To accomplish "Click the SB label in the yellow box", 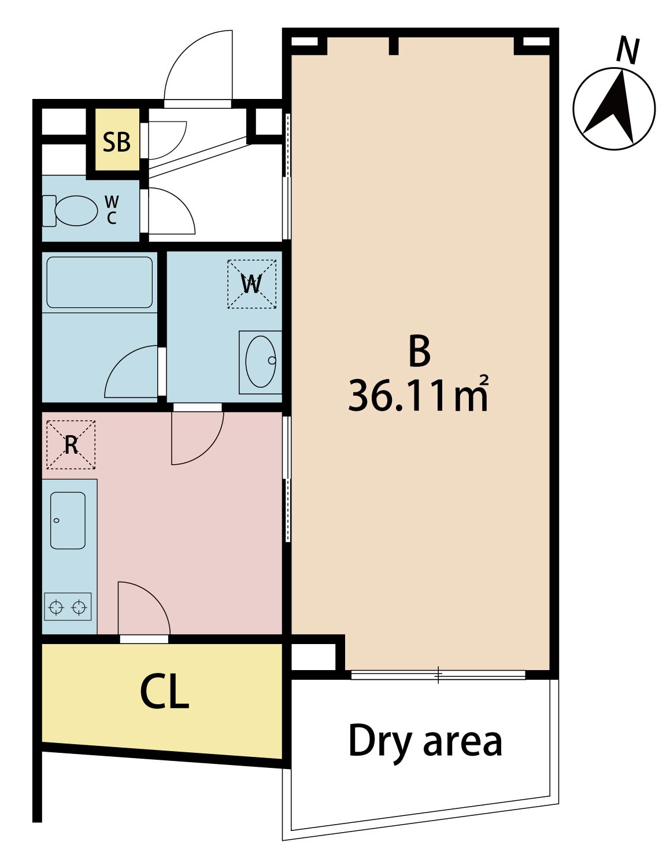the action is (x=117, y=142).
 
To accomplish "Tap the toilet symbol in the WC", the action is (x=70, y=210).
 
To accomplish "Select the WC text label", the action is (x=112, y=209).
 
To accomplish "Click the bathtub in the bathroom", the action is (x=99, y=282).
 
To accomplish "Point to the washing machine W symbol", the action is (x=251, y=284).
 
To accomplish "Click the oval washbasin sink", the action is (x=261, y=361).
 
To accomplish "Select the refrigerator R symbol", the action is (x=71, y=444).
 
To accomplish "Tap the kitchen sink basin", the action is (x=68, y=520).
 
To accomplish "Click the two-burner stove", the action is (x=68, y=606).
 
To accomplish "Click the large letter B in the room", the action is (x=419, y=351).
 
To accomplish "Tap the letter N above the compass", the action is (x=628, y=51).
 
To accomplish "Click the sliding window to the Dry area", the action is (x=438, y=675).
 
